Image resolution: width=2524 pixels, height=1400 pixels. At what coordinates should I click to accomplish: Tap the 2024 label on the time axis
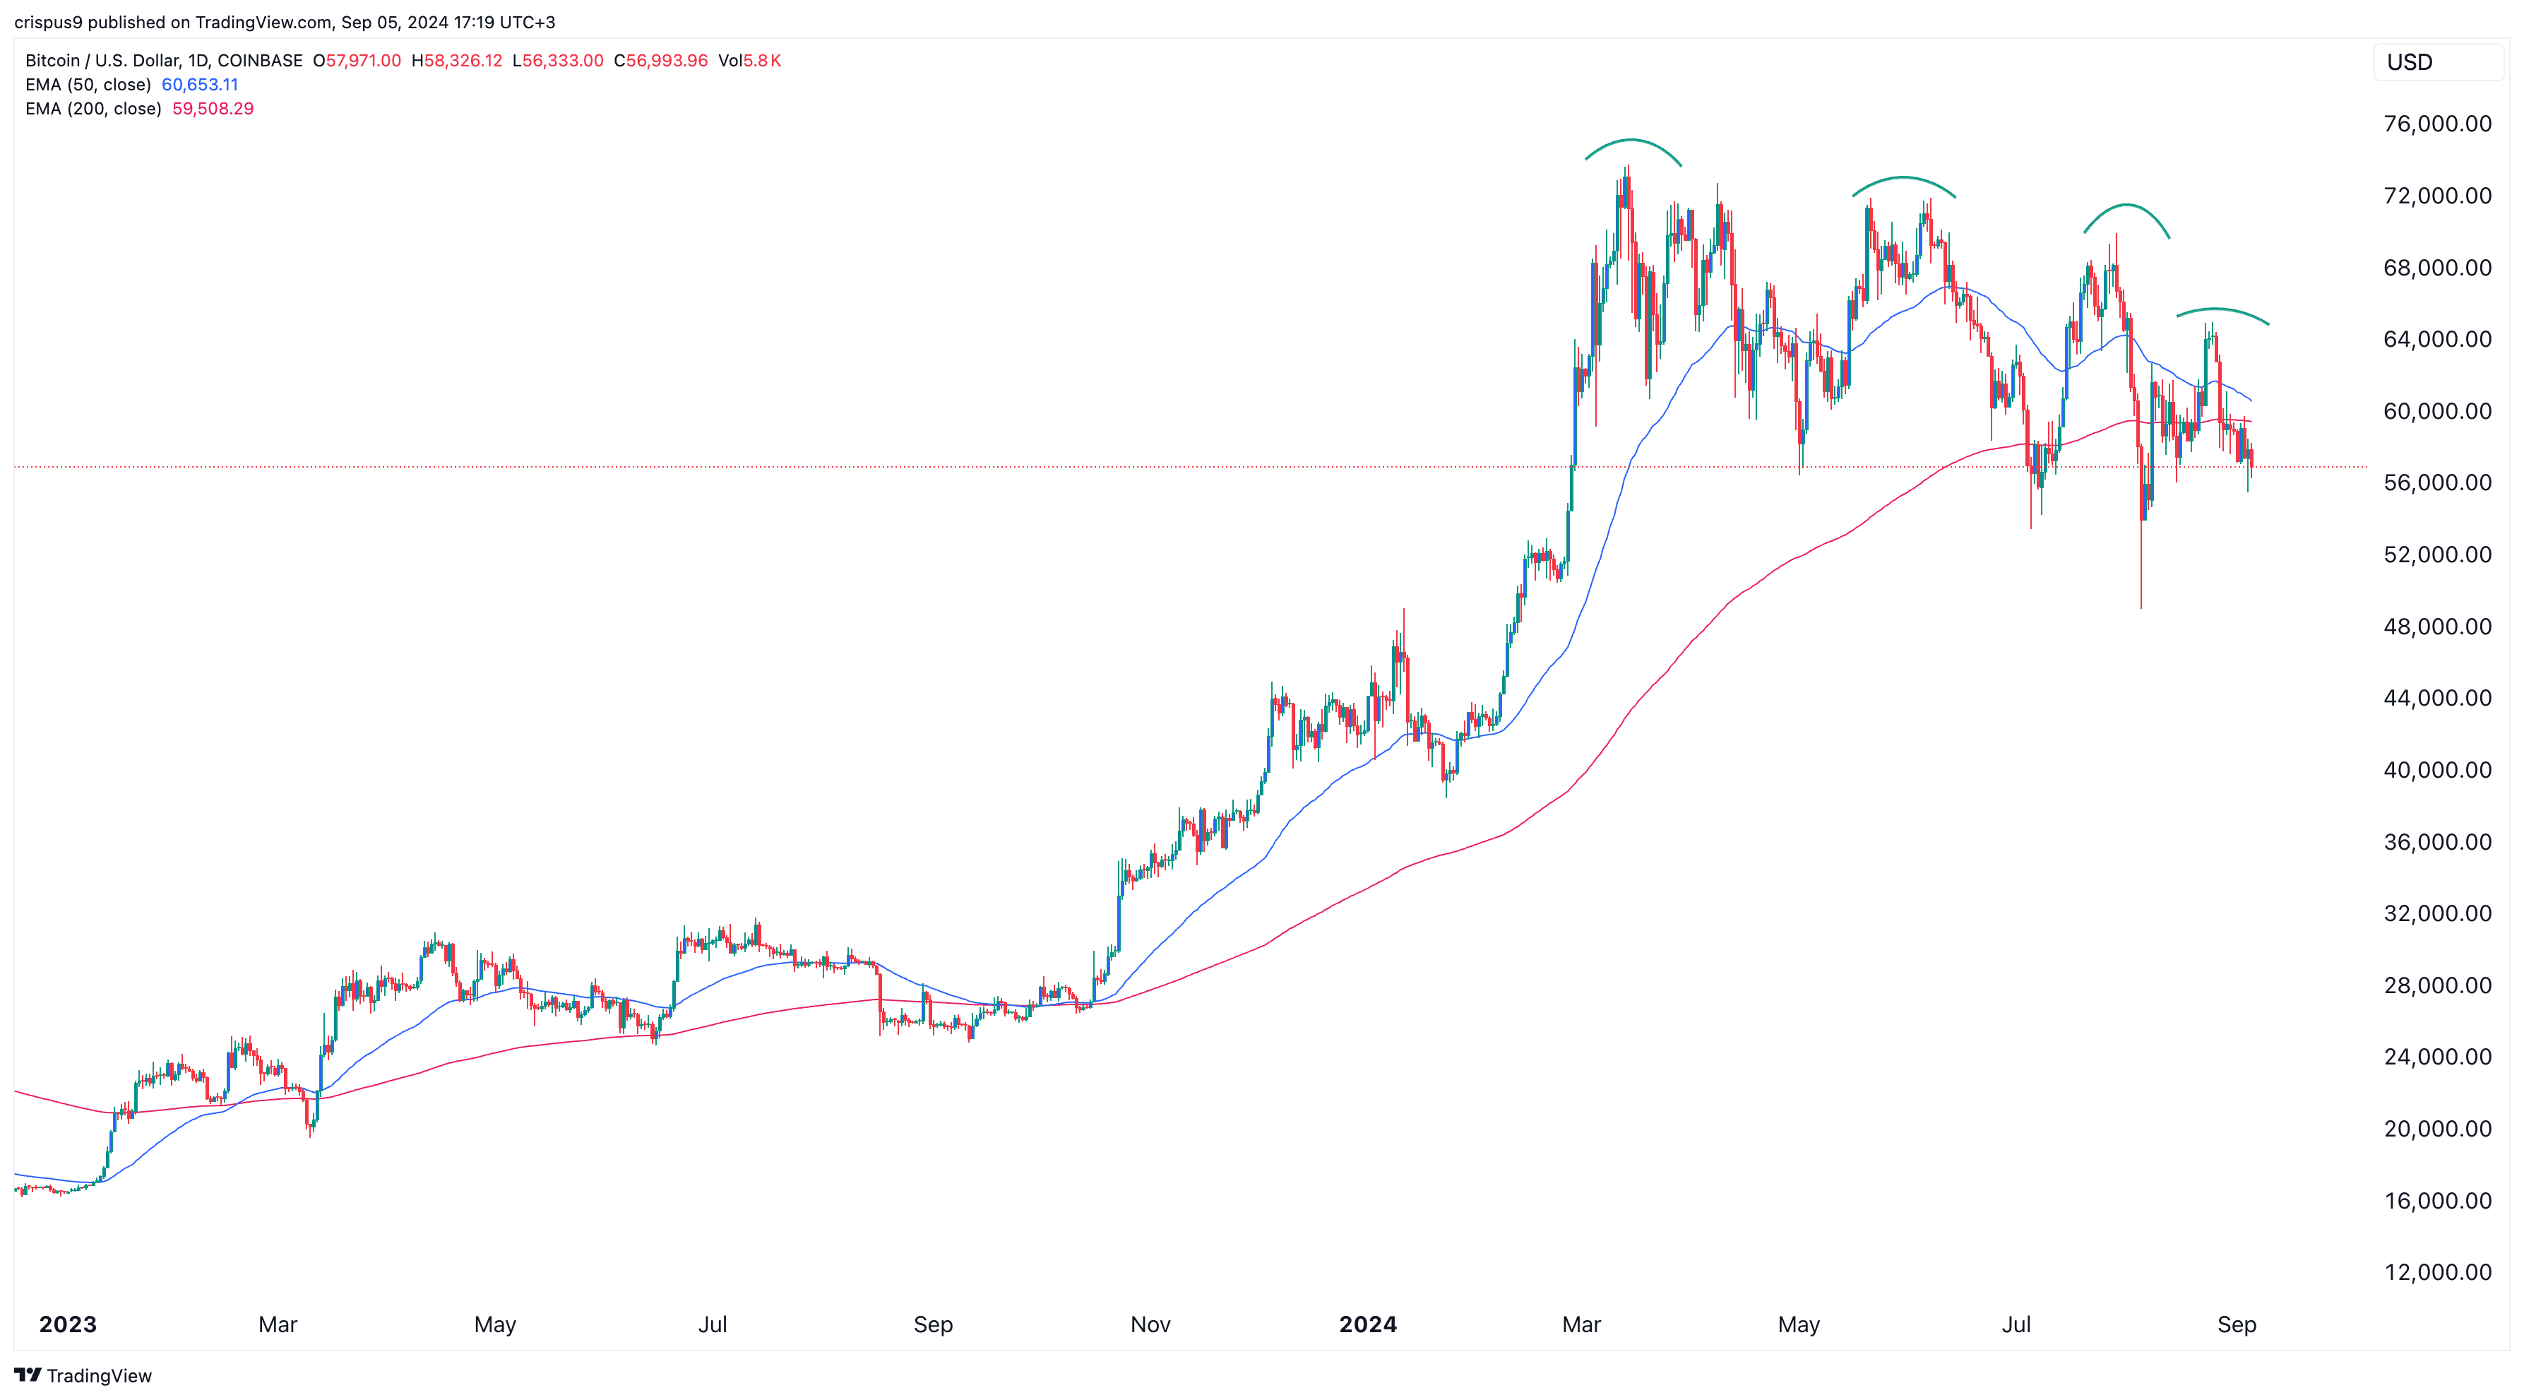point(1368,1324)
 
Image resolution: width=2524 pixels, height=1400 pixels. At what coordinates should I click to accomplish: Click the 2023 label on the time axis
point(68,1324)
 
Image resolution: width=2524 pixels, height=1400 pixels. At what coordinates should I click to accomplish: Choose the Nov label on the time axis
point(1150,1324)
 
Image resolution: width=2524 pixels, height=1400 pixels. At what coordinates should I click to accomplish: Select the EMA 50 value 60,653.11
point(200,84)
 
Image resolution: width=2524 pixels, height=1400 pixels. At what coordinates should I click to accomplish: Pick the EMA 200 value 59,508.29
point(213,109)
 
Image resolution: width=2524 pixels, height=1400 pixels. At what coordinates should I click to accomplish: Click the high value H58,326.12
point(457,61)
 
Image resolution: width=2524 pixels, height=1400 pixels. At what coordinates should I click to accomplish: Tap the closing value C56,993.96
point(660,61)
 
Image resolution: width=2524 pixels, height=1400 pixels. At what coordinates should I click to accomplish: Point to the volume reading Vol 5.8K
point(749,61)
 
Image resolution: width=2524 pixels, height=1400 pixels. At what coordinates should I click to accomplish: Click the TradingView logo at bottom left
point(83,1375)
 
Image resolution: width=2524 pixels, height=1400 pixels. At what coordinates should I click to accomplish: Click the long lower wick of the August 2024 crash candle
point(2141,568)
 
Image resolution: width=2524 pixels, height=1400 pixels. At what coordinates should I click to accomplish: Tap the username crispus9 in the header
point(48,22)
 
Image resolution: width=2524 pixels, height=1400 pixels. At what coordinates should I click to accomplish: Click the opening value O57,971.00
point(357,61)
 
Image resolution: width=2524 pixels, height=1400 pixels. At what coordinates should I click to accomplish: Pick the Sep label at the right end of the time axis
point(2236,1324)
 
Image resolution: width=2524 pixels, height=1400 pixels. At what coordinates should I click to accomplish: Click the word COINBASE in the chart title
point(260,61)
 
